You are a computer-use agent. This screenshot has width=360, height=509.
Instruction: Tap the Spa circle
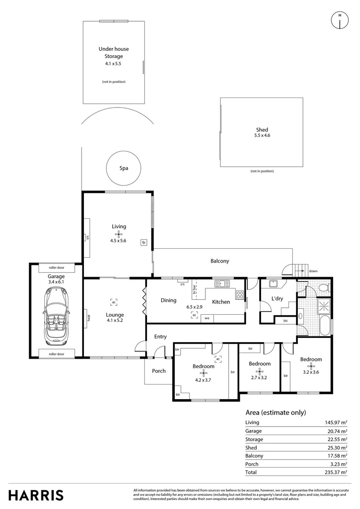pyautogui.click(x=123, y=168)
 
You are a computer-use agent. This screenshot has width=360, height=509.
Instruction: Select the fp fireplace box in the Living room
pyautogui.click(x=143, y=243)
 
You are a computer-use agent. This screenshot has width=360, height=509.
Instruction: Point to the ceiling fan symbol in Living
pyautogui.click(x=119, y=233)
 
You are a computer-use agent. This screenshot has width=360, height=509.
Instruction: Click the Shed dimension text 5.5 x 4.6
pyautogui.click(x=262, y=136)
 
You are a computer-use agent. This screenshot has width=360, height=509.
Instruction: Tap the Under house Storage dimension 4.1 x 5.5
pyautogui.click(x=113, y=63)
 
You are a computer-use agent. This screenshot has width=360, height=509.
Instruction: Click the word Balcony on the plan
pyautogui.click(x=220, y=261)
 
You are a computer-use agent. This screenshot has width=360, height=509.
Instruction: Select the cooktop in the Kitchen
pyautogui.click(x=240, y=296)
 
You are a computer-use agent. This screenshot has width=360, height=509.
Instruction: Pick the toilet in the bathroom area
pyautogui.click(x=323, y=287)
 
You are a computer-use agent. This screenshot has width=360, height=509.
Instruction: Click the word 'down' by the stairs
pyautogui.click(x=313, y=271)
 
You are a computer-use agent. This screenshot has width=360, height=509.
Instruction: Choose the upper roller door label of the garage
pyautogui.click(x=56, y=267)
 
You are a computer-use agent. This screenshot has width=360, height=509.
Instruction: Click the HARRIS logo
pyautogui.click(x=36, y=495)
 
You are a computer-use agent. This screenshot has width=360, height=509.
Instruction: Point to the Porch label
pyautogui.click(x=159, y=371)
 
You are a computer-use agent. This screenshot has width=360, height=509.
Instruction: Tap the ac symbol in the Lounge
pyautogui.click(x=114, y=302)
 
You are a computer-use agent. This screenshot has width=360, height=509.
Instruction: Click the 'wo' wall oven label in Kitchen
pyautogui.click(x=206, y=319)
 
